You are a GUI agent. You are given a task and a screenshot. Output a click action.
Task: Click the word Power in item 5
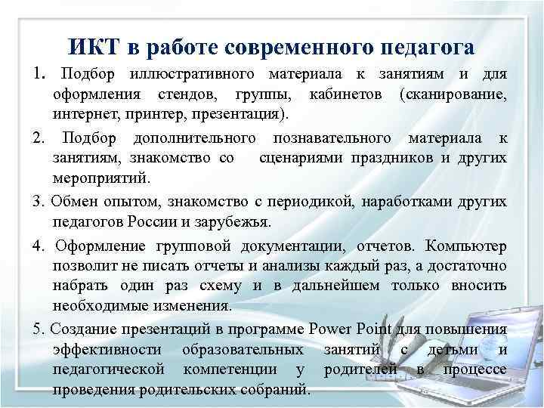pos(331,328)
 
